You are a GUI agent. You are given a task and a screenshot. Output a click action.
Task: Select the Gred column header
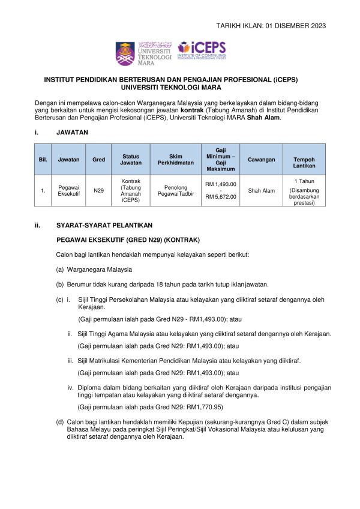coord(98,160)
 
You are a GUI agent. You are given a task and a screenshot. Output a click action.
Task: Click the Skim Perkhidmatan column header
coord(172,160)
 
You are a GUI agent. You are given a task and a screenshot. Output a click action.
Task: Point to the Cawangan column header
coord(261,160)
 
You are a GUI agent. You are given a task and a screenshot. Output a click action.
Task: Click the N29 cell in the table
coord(98,191)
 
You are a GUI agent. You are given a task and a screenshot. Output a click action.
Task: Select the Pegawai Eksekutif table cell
coord(64,191)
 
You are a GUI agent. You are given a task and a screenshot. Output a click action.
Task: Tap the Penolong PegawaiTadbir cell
coord(172,191)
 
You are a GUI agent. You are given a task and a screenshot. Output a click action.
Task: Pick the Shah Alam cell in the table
coord(261,191)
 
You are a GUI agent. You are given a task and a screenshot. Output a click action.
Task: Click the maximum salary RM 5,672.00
coord(221,197)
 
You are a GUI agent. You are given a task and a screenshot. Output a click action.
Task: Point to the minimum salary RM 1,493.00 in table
coord(221,184)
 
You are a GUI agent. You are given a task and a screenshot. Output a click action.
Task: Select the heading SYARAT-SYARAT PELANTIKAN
coord(104,226)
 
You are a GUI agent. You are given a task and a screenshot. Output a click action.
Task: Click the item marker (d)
coord(60,423)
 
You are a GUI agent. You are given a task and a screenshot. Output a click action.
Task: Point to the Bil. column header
coord(43,160)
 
